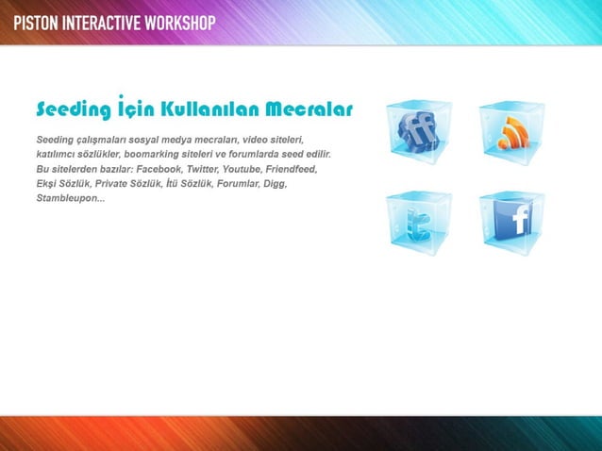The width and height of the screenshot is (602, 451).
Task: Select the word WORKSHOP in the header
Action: pos(180,22)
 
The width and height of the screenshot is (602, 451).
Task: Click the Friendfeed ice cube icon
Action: pos(419,133)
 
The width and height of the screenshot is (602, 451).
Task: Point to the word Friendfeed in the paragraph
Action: pos(292,169)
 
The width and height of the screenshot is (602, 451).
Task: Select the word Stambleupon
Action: pos(69,199)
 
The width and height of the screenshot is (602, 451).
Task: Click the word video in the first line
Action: pos(259,139)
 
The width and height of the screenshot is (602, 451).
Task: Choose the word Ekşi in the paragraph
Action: pos(45,184)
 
